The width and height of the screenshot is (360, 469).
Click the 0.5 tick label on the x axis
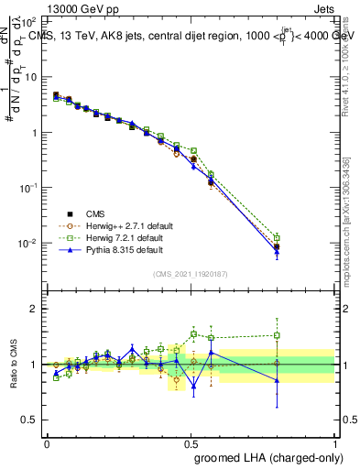pos(191,442)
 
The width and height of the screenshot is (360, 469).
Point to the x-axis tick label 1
pos(336,442)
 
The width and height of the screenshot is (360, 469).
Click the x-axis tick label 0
pos(47,442)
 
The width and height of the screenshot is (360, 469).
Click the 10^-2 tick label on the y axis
pos(26,243)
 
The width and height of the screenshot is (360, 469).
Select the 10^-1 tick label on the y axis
pos(26,187)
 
